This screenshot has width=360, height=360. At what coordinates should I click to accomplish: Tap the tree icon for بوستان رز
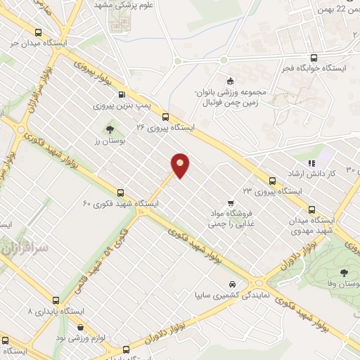[x=109, y=129]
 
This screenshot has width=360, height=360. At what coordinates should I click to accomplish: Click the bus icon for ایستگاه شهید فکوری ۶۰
[x=120, y=192]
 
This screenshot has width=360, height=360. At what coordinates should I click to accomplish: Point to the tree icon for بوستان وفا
[x=343, y=273]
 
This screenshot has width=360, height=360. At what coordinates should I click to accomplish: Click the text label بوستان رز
[x=109, y=141]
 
